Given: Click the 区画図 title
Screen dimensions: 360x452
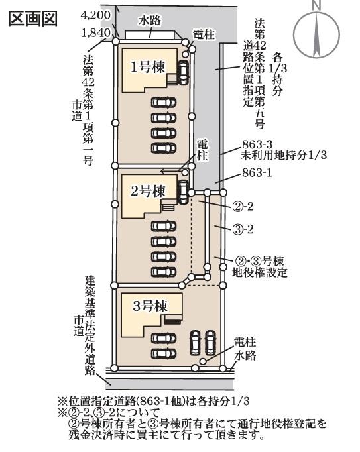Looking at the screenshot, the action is pos(33,19).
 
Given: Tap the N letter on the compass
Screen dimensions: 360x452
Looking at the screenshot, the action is pos(316,5).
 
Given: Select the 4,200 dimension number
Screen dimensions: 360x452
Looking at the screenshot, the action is pos(95,15).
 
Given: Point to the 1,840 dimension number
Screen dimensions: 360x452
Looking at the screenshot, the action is pos(96,33).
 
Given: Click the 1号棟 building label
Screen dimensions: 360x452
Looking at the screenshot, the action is pos(148,67).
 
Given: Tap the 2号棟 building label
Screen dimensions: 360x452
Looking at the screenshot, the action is pos(148,191).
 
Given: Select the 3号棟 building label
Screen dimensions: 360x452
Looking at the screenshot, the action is pos(150,306).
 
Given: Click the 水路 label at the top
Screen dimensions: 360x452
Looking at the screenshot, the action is pos(150,21).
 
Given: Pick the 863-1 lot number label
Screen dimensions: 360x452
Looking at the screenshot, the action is pos(257,173).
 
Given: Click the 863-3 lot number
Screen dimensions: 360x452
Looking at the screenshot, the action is pos(257,144).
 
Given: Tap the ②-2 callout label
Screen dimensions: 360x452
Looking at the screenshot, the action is pos(243,207).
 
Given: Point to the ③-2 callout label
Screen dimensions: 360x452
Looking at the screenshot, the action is pos(243,229).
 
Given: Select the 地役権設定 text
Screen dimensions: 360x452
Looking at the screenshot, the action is pos(260,272).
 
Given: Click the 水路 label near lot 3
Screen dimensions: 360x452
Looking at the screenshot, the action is pos(245,355).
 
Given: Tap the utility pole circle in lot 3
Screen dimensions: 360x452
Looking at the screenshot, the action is pos(203,361).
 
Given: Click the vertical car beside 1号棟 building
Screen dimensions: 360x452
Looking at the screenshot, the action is pos(183,73).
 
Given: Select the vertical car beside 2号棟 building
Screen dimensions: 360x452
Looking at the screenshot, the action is pos(183,192).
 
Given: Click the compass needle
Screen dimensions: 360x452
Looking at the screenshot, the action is pos(316,35).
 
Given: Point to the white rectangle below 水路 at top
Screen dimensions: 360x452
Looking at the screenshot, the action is pos(150,35).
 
